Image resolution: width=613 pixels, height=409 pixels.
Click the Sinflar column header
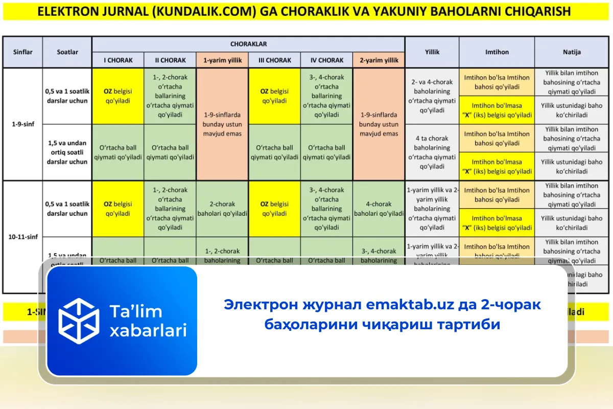(22, 52)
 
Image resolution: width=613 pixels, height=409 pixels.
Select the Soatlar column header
(67, 52)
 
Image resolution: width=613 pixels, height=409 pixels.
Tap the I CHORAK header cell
(118, 60)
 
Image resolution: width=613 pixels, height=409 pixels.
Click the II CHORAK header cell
(170, 60)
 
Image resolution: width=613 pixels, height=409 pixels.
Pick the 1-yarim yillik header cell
(222, 60)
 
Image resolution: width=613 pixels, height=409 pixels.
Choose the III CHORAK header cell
(274, 60)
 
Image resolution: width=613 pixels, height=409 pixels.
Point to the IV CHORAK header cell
(326, 60)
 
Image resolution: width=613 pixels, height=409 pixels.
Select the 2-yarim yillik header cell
(379, 60)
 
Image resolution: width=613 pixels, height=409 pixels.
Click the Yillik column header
(432, 52)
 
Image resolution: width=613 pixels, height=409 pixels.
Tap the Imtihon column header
(497, 52)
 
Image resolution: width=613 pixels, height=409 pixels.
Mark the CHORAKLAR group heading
(248, 44)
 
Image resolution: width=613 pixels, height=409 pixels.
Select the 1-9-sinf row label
(22, 124)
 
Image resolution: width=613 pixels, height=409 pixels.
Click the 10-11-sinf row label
(22, 237)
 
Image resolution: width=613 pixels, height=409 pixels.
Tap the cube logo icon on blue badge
(79, 321)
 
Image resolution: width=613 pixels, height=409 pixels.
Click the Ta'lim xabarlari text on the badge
(148, 321)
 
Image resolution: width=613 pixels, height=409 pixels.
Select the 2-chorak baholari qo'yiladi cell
(222, 209)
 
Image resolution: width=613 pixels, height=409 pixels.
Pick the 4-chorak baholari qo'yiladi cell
(379, 209)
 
